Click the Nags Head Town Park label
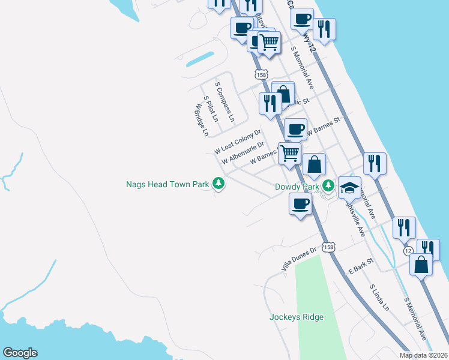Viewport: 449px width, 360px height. (167, 184)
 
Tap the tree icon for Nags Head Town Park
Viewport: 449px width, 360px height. (220, 184)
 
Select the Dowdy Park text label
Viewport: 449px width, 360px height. (297, 186)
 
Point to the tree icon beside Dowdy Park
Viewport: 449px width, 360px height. (327, 185)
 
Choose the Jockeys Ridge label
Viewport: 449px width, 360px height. (297, 317)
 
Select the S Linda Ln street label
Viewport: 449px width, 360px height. (379, 298)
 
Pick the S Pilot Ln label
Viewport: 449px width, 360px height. (211, 109)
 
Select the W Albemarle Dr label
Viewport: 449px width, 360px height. (243, 154)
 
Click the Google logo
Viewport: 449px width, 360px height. (20, 353)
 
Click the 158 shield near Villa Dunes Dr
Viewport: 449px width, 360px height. (327, 247)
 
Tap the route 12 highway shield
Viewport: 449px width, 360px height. (408, 250)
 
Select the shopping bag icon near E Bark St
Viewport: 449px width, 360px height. (421, 264)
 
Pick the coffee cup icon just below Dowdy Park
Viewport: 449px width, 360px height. (300, 203)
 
